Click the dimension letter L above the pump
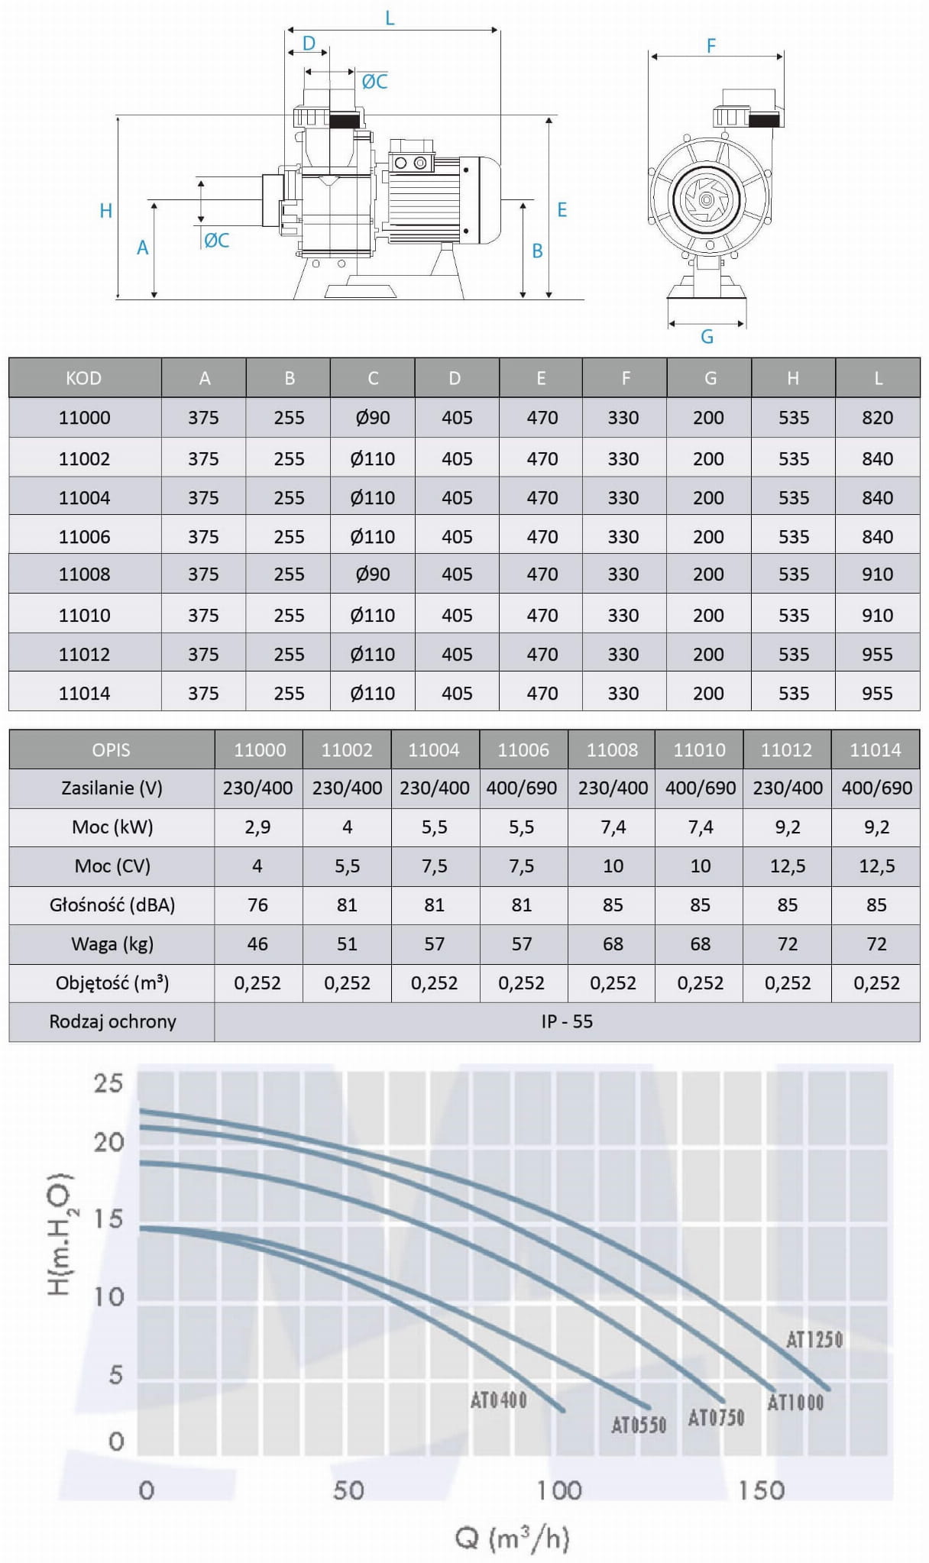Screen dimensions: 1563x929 pyautogui.click(x=390, y=18)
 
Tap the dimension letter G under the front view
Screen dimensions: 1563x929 pyautogui.click(x=707, y=336)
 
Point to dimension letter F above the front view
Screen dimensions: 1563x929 pyautogui.click(x=711, y=46)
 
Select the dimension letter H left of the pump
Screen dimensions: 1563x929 pyautogui.click(x=106, y=211)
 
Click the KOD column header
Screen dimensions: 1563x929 pyautogui.click(x=84, y=378)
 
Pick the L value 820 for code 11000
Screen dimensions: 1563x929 pyautogui.click(x=877, y=418)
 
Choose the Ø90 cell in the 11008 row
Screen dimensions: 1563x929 pyautogui.click(x=373, y=574)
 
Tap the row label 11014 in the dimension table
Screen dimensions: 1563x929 pyautogui.click(x=85, y=694)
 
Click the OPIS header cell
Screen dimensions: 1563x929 pyautogui.click(x=111, y=750)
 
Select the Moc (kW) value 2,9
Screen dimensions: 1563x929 pyautogui.click(x=257, y=827)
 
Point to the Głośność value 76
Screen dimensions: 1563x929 pyautogui.click(x=257, y=905)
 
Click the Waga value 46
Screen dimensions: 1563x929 pyautogui.click(x=257, y=944)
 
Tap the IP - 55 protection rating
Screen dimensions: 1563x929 pyautogui.click(x=567, y=1022)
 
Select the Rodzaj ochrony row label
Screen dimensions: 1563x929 pyautogui.click(x=112, y=1022)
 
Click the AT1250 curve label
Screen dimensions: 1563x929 pyautogui.click(x=814, y=1339)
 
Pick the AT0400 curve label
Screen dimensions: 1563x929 pyautogui.click(x=498, y=1400)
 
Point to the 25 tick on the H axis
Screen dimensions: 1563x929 pyautogui.click(x=108, y=1083)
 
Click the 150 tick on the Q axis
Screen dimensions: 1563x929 pyautogui.click(x=761, y=1490)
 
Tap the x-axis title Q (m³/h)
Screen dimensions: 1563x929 pyautogui.click(x=513, y=1538)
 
